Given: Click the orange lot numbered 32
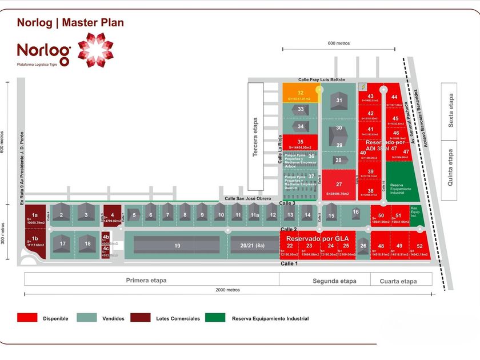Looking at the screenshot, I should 301,93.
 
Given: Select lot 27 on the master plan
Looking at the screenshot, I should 339,185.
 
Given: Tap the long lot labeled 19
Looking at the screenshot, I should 178,246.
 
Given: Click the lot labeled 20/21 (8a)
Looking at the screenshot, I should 252,246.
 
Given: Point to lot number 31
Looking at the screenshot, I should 339,101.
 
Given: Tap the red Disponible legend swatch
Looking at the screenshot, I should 27,318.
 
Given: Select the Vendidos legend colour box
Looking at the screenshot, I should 87,318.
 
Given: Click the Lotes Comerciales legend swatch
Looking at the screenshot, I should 141,318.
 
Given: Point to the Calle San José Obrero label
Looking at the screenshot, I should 249,198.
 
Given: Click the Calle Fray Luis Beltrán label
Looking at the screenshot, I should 322,80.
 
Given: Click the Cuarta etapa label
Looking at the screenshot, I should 401,281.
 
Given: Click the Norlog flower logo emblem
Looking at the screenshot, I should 95,50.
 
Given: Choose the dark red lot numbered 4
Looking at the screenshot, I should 113,216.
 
